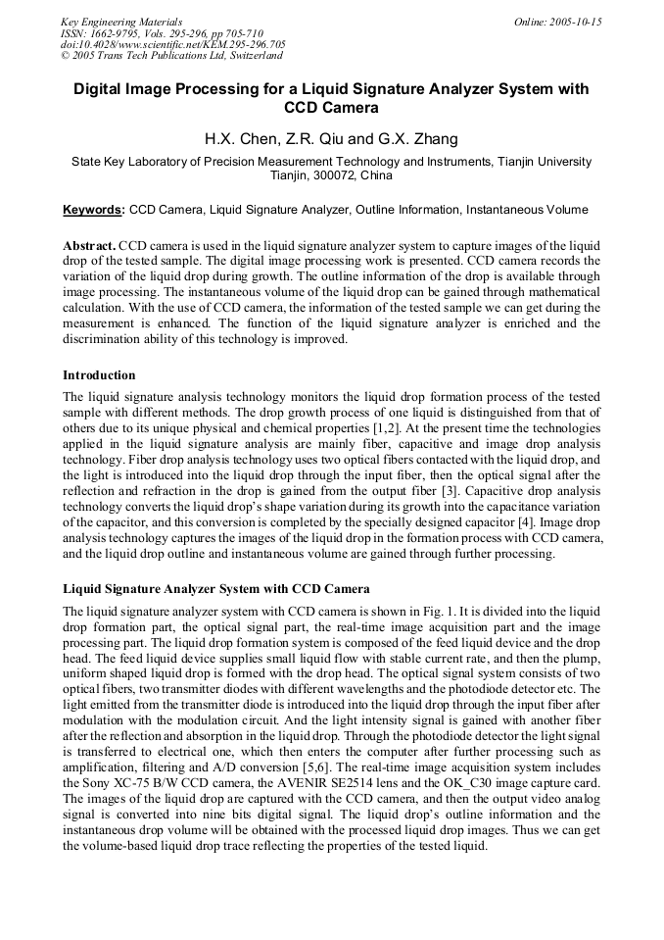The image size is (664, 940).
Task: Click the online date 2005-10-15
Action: (x=574, y=22)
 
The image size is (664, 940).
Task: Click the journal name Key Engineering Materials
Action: (x=121, y=22)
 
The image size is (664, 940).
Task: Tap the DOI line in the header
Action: (x=173, y=44)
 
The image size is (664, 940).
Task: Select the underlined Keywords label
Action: (x=94, y=210)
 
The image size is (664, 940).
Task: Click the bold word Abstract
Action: (x=90, y=244)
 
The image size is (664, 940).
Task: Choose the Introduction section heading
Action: (x=99, y=375)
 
